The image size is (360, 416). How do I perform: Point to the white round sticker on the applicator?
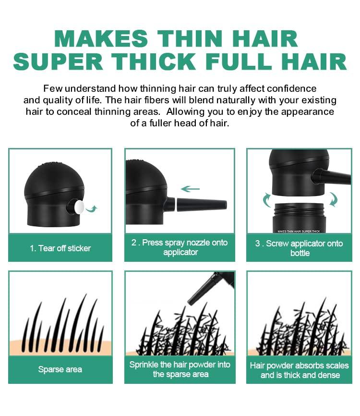pos(77,207)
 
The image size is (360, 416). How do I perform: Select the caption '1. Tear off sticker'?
pos(60,248)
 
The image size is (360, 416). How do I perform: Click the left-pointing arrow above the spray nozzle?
pos(191,189)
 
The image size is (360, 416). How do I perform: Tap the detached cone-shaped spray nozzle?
pos(202,205)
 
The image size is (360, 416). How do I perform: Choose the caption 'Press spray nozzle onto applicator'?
pos(180,247)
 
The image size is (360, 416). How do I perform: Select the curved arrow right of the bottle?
pos(334,199)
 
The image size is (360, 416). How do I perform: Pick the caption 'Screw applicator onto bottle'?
pos(300,248)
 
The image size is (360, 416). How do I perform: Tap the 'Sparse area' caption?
pos(60,369)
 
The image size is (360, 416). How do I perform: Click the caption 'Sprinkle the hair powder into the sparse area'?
pos(180,369)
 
